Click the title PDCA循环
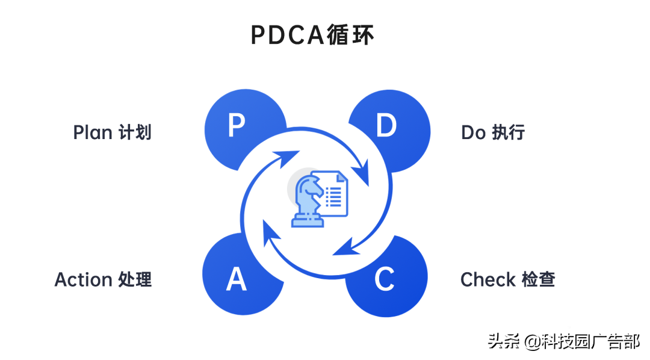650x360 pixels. tap(312, 36)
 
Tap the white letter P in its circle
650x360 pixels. tap(237, 126)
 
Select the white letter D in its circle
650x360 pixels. tap(386, 126)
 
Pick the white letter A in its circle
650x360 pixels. tap(237, 279)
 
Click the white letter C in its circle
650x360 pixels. tap(384, 279)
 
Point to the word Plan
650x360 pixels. tap(92, 132)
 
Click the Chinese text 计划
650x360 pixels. tap(134, 132)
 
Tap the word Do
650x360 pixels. tap(473, 132)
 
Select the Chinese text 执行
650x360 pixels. tap(509, 132)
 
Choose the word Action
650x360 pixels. tap(84, 279)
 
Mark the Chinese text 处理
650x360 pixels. tap(135, 279)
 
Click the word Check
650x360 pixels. tap(488, 279)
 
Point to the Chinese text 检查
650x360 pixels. tap(538, 279)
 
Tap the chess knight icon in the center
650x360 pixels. tap(308, 199)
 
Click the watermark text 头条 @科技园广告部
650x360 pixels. tap(564, 341)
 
